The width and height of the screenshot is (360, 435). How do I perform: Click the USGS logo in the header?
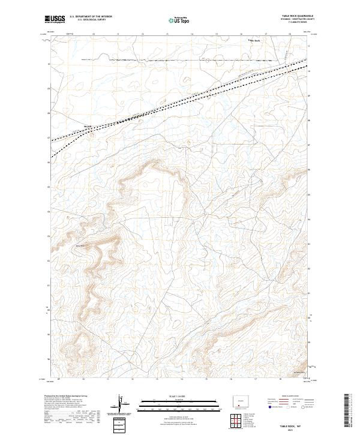tap(56, 20)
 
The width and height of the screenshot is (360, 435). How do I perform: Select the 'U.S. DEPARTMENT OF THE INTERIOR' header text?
tap(91, 17)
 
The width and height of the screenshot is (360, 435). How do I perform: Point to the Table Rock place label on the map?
tap(254, 41)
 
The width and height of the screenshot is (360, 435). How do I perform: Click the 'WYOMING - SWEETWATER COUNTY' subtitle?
tap(296, 20)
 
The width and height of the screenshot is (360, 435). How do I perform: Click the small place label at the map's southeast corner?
tap(300, 373)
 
